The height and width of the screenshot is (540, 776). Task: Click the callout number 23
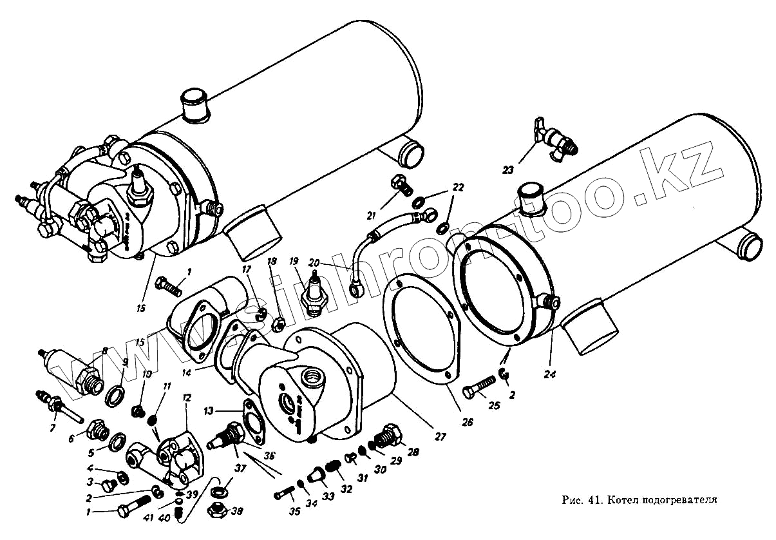pyautogui.click(x=508, y=170)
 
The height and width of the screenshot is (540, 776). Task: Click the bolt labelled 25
pyautogui.click(x=480, y=389)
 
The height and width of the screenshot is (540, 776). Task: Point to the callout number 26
pyautogui.click(x=468, y=422)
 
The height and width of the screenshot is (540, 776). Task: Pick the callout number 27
pyautogui.click(x=440, y=436)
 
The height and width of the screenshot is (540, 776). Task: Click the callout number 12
pyautogui.click(x=187, y=398)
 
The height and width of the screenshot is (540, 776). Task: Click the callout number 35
pyautogui.click(x=295, y=512)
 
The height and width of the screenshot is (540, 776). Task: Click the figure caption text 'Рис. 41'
pyautogui.click(x=583, y=499)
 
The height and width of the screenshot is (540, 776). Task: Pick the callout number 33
pyautogui.click(x=329, y=496)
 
